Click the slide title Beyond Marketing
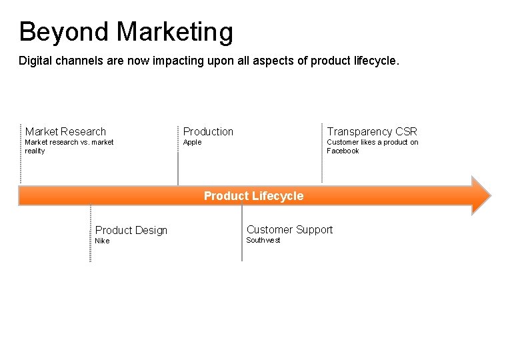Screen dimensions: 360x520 coord(126,32)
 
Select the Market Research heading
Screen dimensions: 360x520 coord(65,131)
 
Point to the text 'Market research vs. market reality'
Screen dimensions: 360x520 coord(69,146)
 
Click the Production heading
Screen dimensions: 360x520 coord(208,131)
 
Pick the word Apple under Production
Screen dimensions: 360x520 coord(192,142)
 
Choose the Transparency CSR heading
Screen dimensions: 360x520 coord(371,131)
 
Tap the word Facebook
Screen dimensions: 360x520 coord(343,151)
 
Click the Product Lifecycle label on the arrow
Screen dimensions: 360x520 coord(253,196)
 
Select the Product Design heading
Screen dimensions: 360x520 coord(131,230)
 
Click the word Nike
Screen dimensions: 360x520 coord(102,241)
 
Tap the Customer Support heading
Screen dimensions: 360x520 coord(289,229)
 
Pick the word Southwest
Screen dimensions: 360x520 coord(263,240)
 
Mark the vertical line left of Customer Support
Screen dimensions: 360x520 coord(242,233)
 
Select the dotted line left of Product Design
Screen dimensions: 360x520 coord(91,233)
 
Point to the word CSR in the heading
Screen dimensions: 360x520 coord(406,131)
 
